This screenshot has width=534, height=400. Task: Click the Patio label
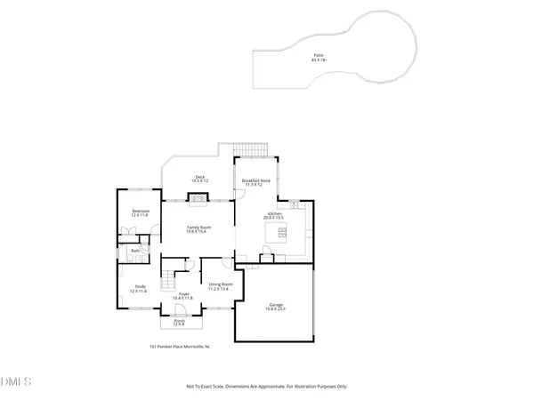(318, 58)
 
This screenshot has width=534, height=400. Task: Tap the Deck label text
(200, 179)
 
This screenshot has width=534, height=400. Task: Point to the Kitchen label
(275, 217)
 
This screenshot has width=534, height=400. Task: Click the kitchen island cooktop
(279, 235)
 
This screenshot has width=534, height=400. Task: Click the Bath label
(135, 252)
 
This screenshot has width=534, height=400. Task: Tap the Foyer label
(184, 295)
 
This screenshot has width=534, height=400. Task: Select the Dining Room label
(219, 286)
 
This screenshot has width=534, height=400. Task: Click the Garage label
(276, 307)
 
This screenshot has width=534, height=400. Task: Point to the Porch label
(179, 324)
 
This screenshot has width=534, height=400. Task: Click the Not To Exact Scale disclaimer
(266, 387)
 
